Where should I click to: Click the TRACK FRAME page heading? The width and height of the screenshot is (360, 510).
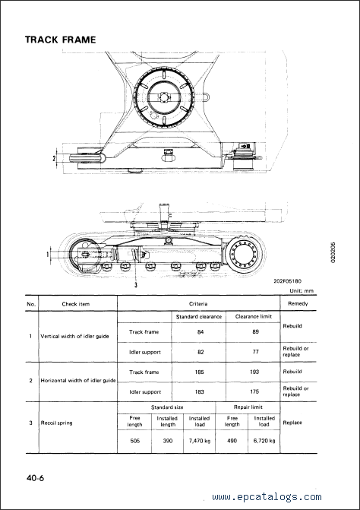point(61,40)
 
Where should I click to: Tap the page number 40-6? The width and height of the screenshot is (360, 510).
point(36,478)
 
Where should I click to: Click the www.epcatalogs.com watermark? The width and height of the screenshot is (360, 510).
point(267,497)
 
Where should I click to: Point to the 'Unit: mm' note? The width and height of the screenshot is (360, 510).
point(302,291)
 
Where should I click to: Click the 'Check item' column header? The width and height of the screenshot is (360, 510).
point(76,304)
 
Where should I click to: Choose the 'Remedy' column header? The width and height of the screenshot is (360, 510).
point(298,303)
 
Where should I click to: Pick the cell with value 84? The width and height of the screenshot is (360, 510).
point(201,332)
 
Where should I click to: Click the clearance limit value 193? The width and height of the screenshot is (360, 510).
point(254,372)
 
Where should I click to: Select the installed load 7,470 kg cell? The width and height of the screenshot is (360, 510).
point(200,441)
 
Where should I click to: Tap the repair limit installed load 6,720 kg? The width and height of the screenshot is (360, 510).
point(264,441)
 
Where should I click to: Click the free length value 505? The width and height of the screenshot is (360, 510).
point(134,441)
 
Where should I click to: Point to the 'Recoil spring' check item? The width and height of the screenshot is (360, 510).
point(56,423)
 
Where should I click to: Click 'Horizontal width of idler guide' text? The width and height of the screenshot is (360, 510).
point(78,380)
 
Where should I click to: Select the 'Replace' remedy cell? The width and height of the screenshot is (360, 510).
point(292,423)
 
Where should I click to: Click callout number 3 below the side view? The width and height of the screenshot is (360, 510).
point(136,285)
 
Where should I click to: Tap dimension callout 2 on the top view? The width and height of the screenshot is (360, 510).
point(54,158)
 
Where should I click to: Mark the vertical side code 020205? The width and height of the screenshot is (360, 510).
point(333,253)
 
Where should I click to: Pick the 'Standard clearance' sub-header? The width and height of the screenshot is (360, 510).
point(199,316)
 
